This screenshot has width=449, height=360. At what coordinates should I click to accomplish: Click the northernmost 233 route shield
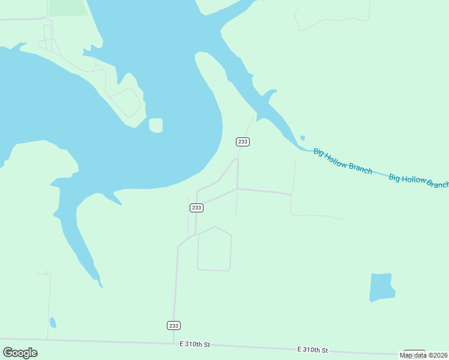click(x=243, y=142)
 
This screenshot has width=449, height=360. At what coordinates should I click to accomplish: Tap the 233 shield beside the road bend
click(x=196, y=208)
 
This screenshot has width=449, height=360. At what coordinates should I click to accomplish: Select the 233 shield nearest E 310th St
click(x=173, y=325)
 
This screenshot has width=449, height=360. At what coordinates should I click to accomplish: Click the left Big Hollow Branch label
click(x=343, y=161)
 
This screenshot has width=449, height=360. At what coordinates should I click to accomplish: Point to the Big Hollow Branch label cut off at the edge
click(x=419, y=181)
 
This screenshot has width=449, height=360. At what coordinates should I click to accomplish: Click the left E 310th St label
click(x=195, y=344)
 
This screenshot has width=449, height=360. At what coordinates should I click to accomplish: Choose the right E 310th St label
click(x=313, y=349)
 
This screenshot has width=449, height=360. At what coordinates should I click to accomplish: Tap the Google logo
click(x=20, y=352)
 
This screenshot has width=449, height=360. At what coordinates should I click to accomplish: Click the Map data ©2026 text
click(x=424, y=355)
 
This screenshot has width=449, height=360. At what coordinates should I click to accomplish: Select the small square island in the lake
click(x=155, y=125)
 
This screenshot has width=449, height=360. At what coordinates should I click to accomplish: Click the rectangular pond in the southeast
click(x=382, y=287)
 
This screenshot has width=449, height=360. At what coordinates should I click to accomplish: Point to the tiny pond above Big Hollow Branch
click(x=303, y=138)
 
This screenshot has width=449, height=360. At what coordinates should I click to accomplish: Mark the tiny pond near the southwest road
click(x=53, y=322)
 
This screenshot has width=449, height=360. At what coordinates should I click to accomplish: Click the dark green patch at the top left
click(x=67, y=7)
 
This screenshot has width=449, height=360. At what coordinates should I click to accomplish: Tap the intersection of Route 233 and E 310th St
click(x=173, y=343)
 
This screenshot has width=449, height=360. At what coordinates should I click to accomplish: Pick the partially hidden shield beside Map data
click(x=414, y=351)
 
